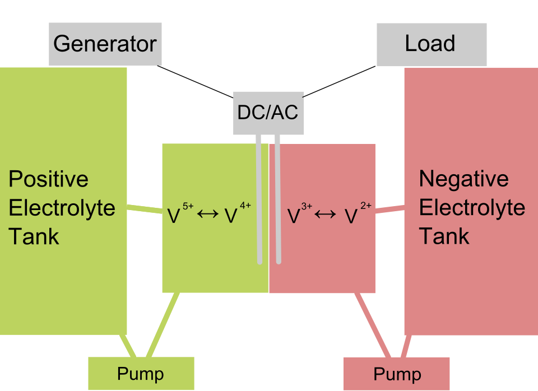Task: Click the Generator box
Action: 105,44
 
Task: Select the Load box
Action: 432,45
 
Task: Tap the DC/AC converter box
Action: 268,113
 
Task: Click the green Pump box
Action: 141,373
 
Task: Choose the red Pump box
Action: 396,374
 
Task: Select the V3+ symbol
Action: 299,213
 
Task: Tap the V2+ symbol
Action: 358,213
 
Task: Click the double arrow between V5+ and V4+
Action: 208,214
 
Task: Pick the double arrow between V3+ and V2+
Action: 325,214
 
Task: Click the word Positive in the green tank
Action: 48,179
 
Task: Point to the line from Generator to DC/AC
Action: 195,82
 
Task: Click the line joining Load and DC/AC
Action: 339,82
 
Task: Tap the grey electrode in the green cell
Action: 259,199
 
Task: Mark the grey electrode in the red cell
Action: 277,199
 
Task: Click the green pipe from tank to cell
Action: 145,209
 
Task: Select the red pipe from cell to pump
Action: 373,325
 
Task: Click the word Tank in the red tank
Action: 444,236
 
